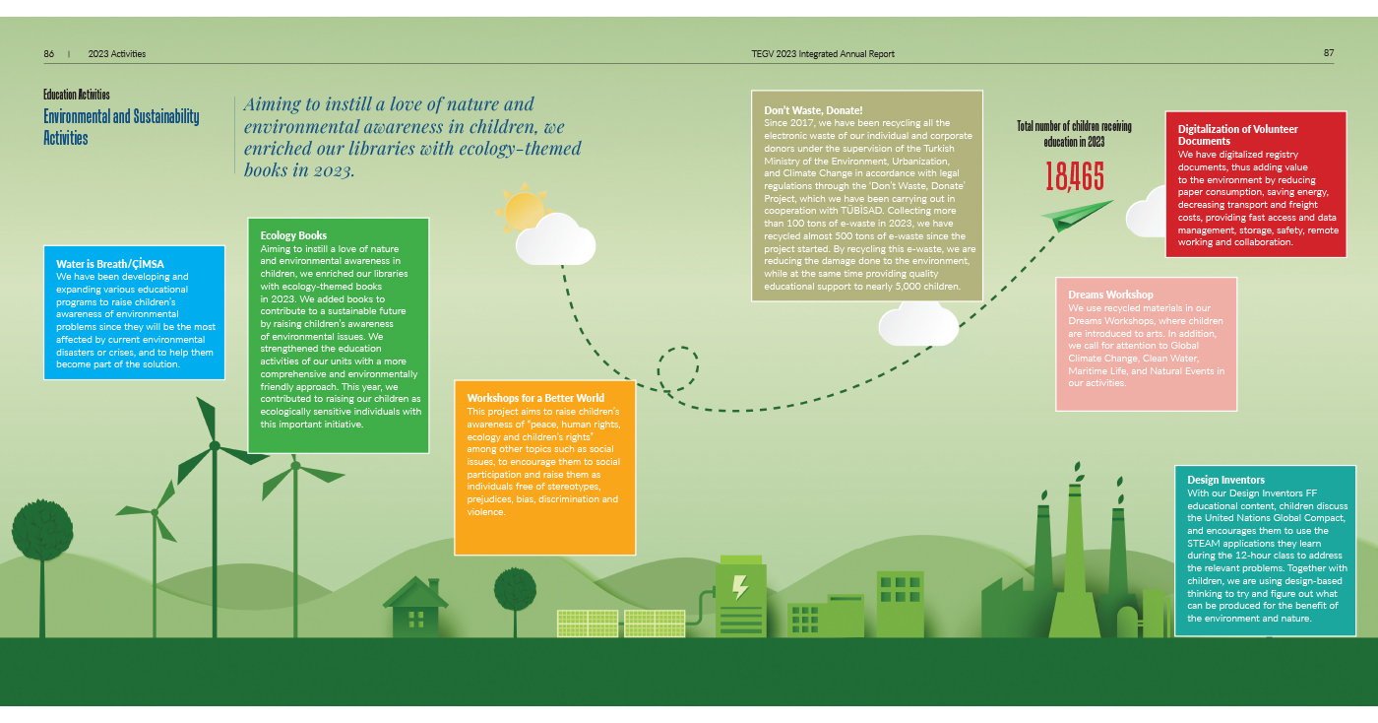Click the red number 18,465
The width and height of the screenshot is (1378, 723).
[x=1074, y=176]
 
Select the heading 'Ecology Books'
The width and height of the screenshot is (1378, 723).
[x=293, y=235]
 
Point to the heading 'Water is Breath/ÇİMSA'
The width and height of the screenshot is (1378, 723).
[x=110, y=264]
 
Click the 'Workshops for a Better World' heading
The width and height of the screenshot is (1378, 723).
[x=535, y=398]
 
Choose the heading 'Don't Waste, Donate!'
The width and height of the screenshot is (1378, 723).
[x=813, y=110]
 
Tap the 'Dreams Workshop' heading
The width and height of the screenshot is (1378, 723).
[x=1110, y=295]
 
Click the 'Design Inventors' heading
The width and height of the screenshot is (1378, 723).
[x=1226, y=480]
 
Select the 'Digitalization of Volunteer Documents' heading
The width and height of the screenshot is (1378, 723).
[x=1238, y=135]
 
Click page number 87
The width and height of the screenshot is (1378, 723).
[x=1329, y=53]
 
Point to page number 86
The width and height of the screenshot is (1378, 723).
[x=49, y=53]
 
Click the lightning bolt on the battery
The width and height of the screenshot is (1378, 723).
[x=740, y=587]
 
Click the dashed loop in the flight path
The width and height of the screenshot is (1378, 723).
[x=678, y=369]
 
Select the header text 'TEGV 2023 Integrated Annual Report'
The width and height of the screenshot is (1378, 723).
[x=823, y=53]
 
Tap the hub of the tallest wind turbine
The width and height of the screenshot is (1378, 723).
[x=215, y=444]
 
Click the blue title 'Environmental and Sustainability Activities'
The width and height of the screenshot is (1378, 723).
[x=121, y=127]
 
